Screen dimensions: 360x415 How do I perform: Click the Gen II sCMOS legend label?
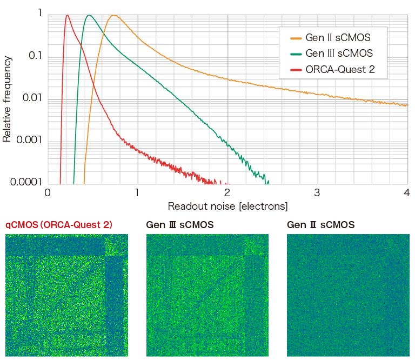tap(338, 38)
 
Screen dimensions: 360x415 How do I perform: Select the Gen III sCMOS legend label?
tap(339, 54)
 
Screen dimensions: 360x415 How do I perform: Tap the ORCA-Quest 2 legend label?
tap(340, 69)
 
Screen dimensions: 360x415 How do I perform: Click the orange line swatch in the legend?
tap(296, 38)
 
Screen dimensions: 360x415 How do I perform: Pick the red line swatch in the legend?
tap(296, 70)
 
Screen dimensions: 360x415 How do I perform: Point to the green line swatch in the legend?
tap(296, 54)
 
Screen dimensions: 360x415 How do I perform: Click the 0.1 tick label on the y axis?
tap(35, 57)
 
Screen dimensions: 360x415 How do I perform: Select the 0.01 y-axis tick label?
tap(32, 99)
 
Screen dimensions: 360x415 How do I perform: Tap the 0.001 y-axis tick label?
tap(29, 142)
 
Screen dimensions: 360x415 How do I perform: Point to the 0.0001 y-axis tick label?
tap(26, 182)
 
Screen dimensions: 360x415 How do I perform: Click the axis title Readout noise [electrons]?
tap(227, 206)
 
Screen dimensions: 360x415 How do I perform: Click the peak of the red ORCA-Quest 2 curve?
tap(67, 16)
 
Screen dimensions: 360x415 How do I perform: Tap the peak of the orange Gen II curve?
tap(113, 16)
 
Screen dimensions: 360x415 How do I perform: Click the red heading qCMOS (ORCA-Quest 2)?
tap(59, 225)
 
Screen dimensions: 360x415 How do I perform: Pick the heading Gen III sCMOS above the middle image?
tap(180, 225)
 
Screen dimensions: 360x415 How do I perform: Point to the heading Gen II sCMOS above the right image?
tap(320, 225)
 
